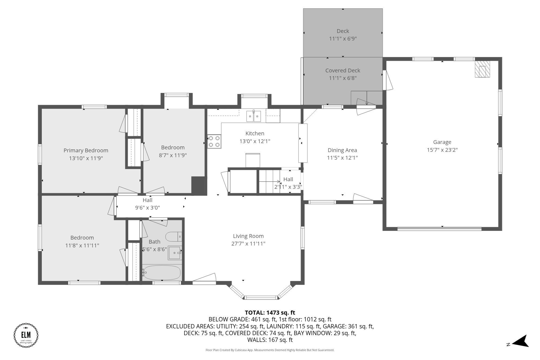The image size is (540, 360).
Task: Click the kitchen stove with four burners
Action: (214, 142)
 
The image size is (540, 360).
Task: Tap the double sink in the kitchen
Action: (254, 116)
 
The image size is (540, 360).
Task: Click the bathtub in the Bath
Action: (162, 272)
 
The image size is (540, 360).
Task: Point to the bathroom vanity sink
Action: (175, 253)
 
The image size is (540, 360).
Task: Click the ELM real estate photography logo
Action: (26, 335)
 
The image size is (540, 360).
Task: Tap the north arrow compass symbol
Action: (520, 341)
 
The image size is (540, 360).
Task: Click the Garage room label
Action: (442, 142)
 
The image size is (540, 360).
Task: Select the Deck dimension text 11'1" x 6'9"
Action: (343, 39)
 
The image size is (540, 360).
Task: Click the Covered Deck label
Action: (343, 70)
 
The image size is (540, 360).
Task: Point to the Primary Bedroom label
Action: (86, 150)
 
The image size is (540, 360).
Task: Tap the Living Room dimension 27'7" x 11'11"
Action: (248, 244)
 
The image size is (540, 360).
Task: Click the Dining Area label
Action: (342, 150)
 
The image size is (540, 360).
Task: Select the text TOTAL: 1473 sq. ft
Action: (270, 312)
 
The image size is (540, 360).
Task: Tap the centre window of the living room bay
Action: (261, 298)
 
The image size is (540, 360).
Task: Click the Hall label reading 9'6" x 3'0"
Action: (147, 208)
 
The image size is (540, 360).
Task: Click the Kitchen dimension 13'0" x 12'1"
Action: (255, 141)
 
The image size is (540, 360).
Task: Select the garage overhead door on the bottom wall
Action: (439, 229)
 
